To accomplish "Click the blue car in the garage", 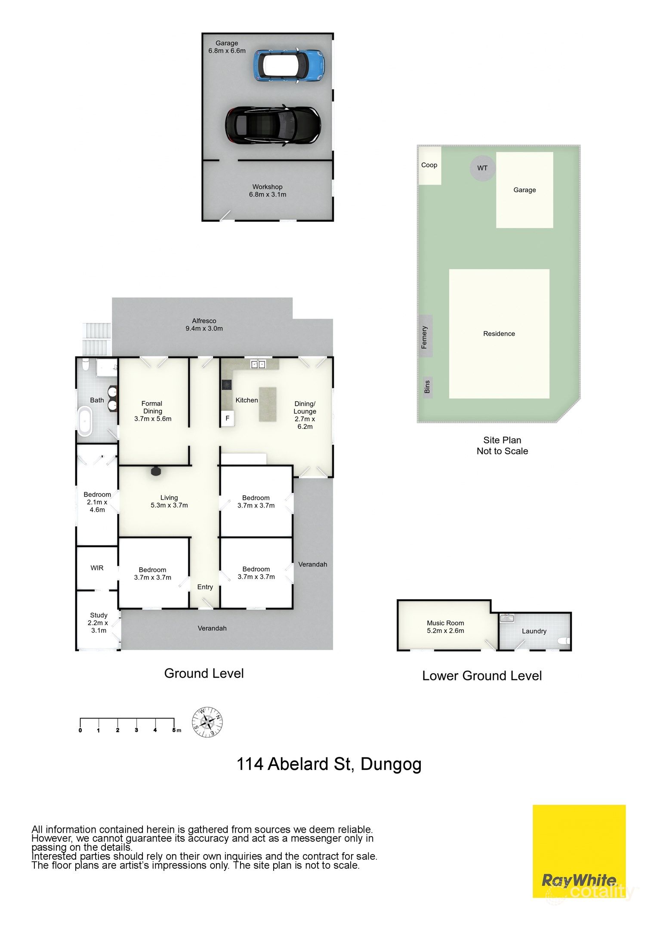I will pyautogui.click(x=289, y=65).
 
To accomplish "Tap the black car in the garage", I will pyautogui.click(x=273, y=125).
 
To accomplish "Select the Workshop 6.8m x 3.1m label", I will pyautogui.click(x=267, y=191).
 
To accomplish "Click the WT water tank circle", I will pyautogui.click(x=482, y=168).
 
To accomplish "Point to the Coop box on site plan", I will pyautogui.click(x=429, y=166).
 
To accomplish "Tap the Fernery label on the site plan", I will pyautogui.click(x=425, y=337).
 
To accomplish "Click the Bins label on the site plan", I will pyautogui.click(x=427, y=386).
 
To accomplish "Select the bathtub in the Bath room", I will pyautogui.click(x=85, y=421).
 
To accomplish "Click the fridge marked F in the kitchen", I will pyautogui.click(x=228, y=418).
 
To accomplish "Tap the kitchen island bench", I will pyautogui.click(x=267, y=404).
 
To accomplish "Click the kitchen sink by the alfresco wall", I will pyautogui.click(x=258, y=365).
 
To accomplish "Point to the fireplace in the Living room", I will pyautogui.click(x=156, y=471).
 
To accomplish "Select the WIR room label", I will pyautogui.click(x=97, y=568).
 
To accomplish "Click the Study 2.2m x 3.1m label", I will pyautogui.click(x=99, y=622).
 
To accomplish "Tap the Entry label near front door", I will pyautogui.click(x=205, y=587).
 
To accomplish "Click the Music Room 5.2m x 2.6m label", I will pyautogui.click(x=445, y=627).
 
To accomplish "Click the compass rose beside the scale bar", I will pyautogui.click(x=207, y=722).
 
